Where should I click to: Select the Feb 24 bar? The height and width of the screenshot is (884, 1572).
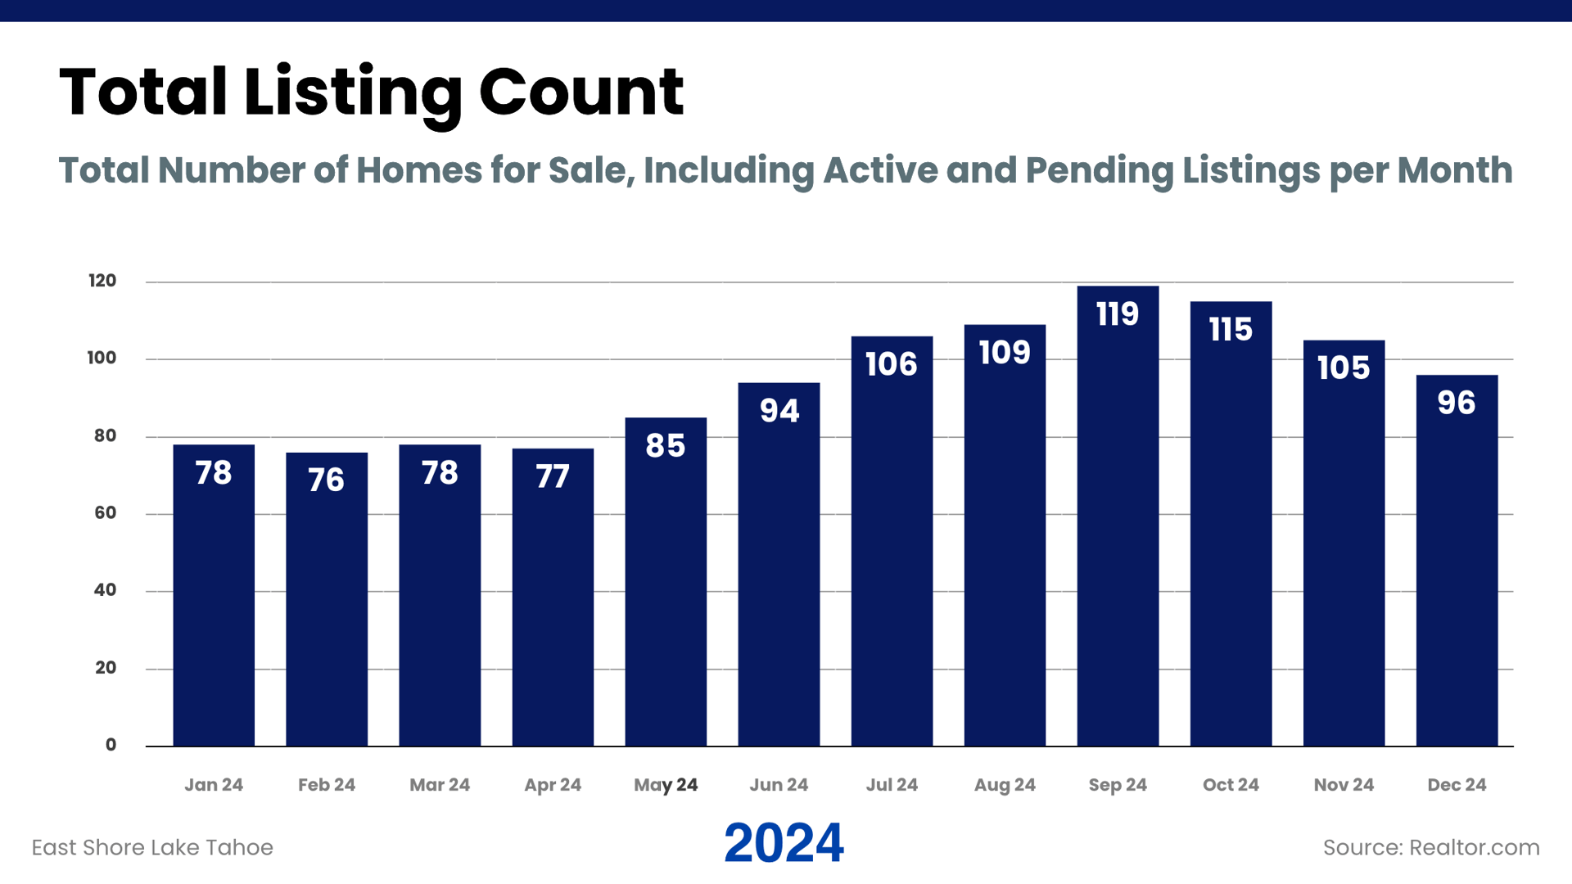pos(327,606)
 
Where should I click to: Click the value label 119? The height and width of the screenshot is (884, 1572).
pos(1118,314)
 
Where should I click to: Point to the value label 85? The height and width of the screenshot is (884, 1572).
pos(665,446)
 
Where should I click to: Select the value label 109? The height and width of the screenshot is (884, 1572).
pos(1005,353)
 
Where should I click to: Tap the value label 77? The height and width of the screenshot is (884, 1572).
pos(553,476)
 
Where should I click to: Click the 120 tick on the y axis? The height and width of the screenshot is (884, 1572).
pos(102,281)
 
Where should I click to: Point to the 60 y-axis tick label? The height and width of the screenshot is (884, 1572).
pos(105,513)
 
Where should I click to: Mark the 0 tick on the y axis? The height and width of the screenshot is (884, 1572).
pos(111,745)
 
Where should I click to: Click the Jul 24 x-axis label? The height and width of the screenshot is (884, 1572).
pos(892,785)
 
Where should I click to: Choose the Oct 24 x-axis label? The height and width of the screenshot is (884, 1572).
pos(1231,785)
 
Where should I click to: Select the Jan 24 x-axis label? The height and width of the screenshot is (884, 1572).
pos(214,785)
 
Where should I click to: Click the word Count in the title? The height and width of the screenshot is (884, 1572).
pos(580,92)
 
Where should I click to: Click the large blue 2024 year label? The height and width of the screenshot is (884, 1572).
pos(784,843)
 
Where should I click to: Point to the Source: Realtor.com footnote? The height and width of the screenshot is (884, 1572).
pos(1431,847)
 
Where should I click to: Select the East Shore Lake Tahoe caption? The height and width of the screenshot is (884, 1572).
pos(152,847)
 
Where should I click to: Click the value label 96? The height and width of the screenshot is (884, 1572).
pos(1457,403)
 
